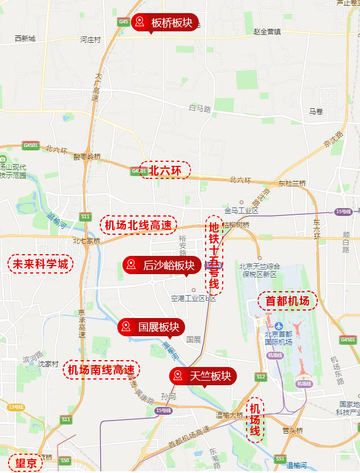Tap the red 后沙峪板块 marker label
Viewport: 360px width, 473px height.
point(161,265)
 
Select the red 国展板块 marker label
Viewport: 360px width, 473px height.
point(151,327)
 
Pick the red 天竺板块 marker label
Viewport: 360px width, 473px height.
point(203,376)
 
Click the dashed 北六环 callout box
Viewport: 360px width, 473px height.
point(165,169)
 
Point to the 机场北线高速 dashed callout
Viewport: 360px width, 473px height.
point(138,225)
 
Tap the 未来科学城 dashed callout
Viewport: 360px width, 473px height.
point(40,264)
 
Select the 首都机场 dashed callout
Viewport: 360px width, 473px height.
point(287,300)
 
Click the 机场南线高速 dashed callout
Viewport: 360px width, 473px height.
point(101,369)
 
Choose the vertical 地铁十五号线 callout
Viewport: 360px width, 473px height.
point(214,255)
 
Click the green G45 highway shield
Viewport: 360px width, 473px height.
point(124,22)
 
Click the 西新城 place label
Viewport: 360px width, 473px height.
point(25,39)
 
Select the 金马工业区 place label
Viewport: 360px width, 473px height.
point(242,210)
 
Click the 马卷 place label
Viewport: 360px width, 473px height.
point(316,111)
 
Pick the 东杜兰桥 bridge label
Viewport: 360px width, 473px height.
point(292,183)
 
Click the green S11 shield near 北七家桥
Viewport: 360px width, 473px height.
point(85,217)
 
